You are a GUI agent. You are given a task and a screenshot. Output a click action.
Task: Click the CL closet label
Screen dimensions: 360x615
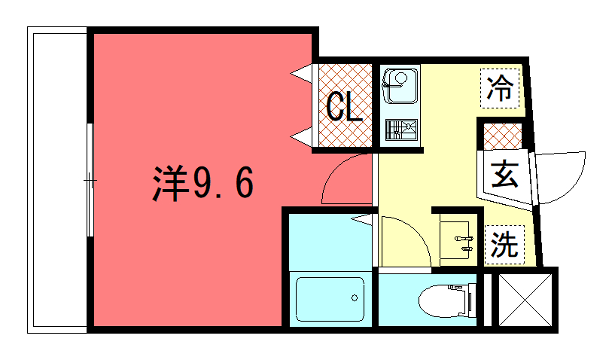pos(345,107)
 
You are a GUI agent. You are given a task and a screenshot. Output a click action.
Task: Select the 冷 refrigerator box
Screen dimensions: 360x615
pos(500,87)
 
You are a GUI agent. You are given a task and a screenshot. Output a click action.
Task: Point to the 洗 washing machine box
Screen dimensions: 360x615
pos(506,243)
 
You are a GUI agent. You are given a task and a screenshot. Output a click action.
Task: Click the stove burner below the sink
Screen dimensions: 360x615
pos(401,130)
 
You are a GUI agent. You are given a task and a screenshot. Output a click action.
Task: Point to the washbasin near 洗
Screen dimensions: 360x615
pos(460,236)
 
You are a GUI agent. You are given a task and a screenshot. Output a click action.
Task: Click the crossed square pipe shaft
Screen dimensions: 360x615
pos(522,298)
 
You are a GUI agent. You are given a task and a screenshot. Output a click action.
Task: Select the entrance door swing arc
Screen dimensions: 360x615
pos(562,175)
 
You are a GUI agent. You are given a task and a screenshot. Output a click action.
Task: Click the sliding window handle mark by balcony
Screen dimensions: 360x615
pos(90,181)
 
